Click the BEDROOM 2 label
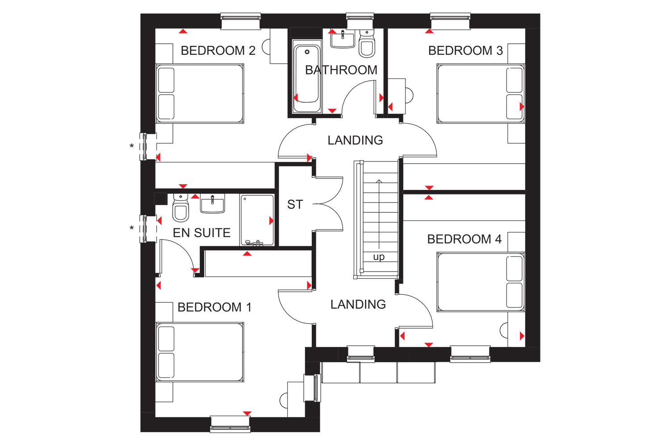[x=218, y=51]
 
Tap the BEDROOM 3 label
[x=465, y=51]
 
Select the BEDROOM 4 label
[x=464, y=240]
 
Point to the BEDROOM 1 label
[x=214, y=307]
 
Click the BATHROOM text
[x=341, y=70]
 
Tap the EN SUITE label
[x=201, y=233]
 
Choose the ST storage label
[x=295, y=205]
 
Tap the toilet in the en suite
[x=180, y=208]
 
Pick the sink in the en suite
[x=212, y=203]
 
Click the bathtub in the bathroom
[x=306, y=77]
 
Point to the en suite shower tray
[x=257, y=220]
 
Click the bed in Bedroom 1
[x=200, y=352]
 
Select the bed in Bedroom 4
[x=481, y=282]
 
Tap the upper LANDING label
[x=355, y=140]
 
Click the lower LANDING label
[x=358, y=305]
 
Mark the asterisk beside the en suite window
[x=132, y=228]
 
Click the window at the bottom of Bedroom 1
[x=230, y=424]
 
